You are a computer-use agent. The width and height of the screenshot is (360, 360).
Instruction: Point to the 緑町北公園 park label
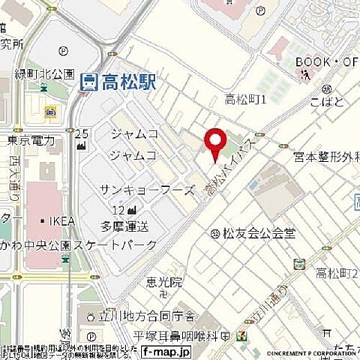click(x=45, y=74)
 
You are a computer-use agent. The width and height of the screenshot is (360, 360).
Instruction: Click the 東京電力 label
click(x=31, y=140)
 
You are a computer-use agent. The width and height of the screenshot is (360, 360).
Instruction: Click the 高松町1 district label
click(x=247, y=100)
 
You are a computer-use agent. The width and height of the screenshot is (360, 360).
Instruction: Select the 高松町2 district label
click(x=336, y=272)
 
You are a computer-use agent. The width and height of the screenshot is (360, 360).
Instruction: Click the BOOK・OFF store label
click(x=327, y=61)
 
